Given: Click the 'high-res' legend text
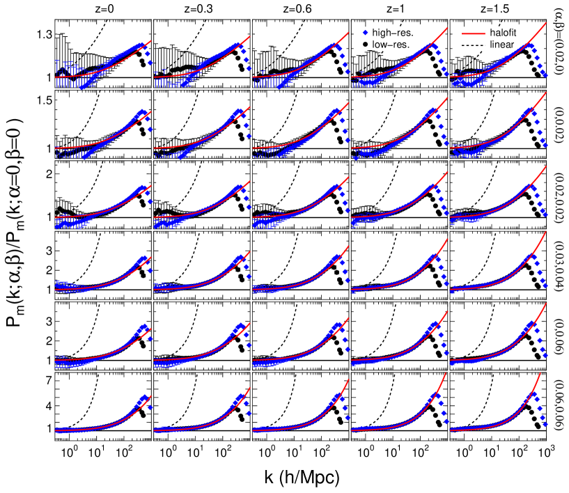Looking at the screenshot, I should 391,32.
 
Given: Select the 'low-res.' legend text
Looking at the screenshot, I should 391,45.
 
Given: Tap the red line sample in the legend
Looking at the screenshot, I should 474,32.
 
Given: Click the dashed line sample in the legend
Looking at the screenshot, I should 474,45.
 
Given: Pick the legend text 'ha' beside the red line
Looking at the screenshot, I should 494,32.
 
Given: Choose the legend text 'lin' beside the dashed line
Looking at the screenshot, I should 494,45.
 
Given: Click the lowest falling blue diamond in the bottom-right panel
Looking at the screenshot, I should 545,423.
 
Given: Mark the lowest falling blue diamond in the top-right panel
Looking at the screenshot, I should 545,75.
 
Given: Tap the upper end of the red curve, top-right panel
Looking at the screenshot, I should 547,23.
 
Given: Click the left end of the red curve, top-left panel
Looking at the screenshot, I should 56,77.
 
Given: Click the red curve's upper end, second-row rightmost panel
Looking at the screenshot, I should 547,92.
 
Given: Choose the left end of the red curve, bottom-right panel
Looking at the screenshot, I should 451,430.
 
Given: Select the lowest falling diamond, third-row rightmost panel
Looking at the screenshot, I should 545,215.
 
